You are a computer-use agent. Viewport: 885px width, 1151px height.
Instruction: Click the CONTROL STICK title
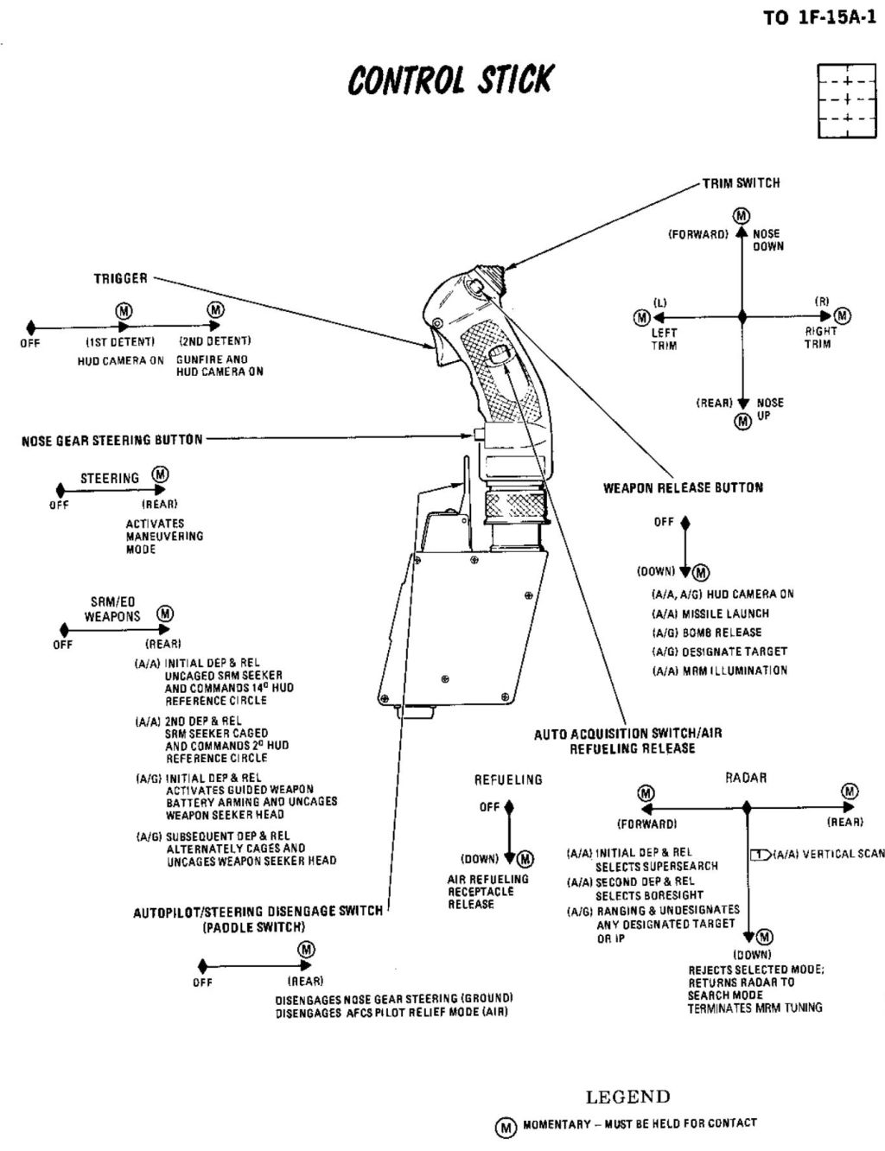pos(449,80)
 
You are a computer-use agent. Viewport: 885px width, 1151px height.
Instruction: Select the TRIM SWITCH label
pos(741,183)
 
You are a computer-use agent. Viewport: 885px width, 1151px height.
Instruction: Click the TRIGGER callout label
pos(120,278)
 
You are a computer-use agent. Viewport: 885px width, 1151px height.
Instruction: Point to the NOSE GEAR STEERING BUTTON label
pos(112,440)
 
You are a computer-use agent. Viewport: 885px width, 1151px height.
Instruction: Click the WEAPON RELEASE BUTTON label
pos(683,487)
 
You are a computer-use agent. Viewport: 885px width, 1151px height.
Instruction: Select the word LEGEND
pos(627,1097)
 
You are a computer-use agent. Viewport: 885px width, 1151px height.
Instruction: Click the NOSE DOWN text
pos(767,240)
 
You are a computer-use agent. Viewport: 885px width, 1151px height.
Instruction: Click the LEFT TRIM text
pos(664,339)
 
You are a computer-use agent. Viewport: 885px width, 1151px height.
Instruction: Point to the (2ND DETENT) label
pos(214,341)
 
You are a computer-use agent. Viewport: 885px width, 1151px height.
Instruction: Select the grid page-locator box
pos(840,100)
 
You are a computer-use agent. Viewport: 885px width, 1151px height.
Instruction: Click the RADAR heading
pos(746,778)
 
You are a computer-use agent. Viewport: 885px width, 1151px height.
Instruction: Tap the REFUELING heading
pos(508,779)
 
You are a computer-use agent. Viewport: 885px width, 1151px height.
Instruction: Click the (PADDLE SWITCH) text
pos(253,927)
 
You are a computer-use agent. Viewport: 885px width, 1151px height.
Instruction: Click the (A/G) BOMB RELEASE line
pos(706,633)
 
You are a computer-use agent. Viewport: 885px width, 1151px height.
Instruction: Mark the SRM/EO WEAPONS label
pos(112,609)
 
